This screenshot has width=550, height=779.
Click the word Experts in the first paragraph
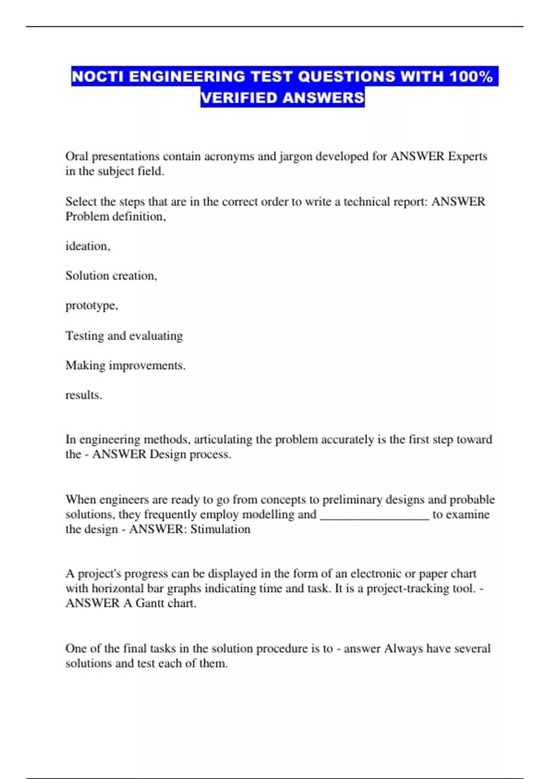tap(467, 156)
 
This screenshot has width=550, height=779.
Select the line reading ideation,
tap(88, 246)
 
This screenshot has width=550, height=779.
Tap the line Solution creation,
tap(111, 275)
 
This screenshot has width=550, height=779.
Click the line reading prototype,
tap(92, 306)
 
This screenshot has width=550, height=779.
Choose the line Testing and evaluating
tap(124, 336)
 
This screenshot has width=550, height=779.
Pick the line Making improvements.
tap(126, 366)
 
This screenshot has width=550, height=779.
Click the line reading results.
tap(84, 395)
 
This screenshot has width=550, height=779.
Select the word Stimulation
tap(220, 529)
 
